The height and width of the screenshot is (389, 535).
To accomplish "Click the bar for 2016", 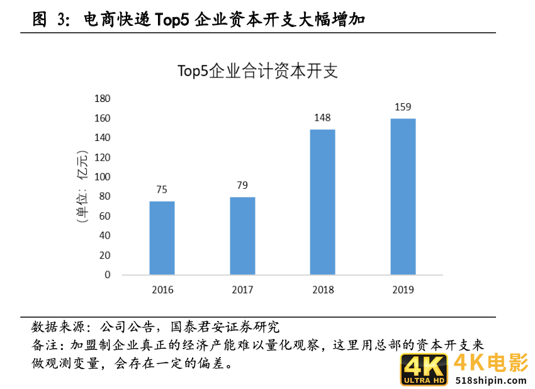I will [162, 238].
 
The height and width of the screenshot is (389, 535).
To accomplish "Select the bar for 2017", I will [242, 236].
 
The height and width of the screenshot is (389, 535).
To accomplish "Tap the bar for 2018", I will [323, 202].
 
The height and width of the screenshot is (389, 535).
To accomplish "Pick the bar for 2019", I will [403, 196].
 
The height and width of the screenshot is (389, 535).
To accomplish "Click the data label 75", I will [162, 189].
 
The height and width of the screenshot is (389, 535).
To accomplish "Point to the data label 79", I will [242, 185].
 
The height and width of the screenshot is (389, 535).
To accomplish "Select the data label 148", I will [323, 118].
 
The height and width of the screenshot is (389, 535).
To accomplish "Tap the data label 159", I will [403, 107].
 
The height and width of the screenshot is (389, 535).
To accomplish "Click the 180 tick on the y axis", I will [103, 99].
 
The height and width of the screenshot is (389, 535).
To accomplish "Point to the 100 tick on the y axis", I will [103, 177].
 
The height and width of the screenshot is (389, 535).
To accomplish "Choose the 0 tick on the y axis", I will [108, 275].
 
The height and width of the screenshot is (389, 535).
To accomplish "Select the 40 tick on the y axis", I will [105, 235].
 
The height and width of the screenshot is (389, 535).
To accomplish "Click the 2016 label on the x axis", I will [162, 290].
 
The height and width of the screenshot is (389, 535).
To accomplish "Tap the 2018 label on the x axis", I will [323, 290].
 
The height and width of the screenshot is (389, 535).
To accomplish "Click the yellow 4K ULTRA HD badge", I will [424, 370].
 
